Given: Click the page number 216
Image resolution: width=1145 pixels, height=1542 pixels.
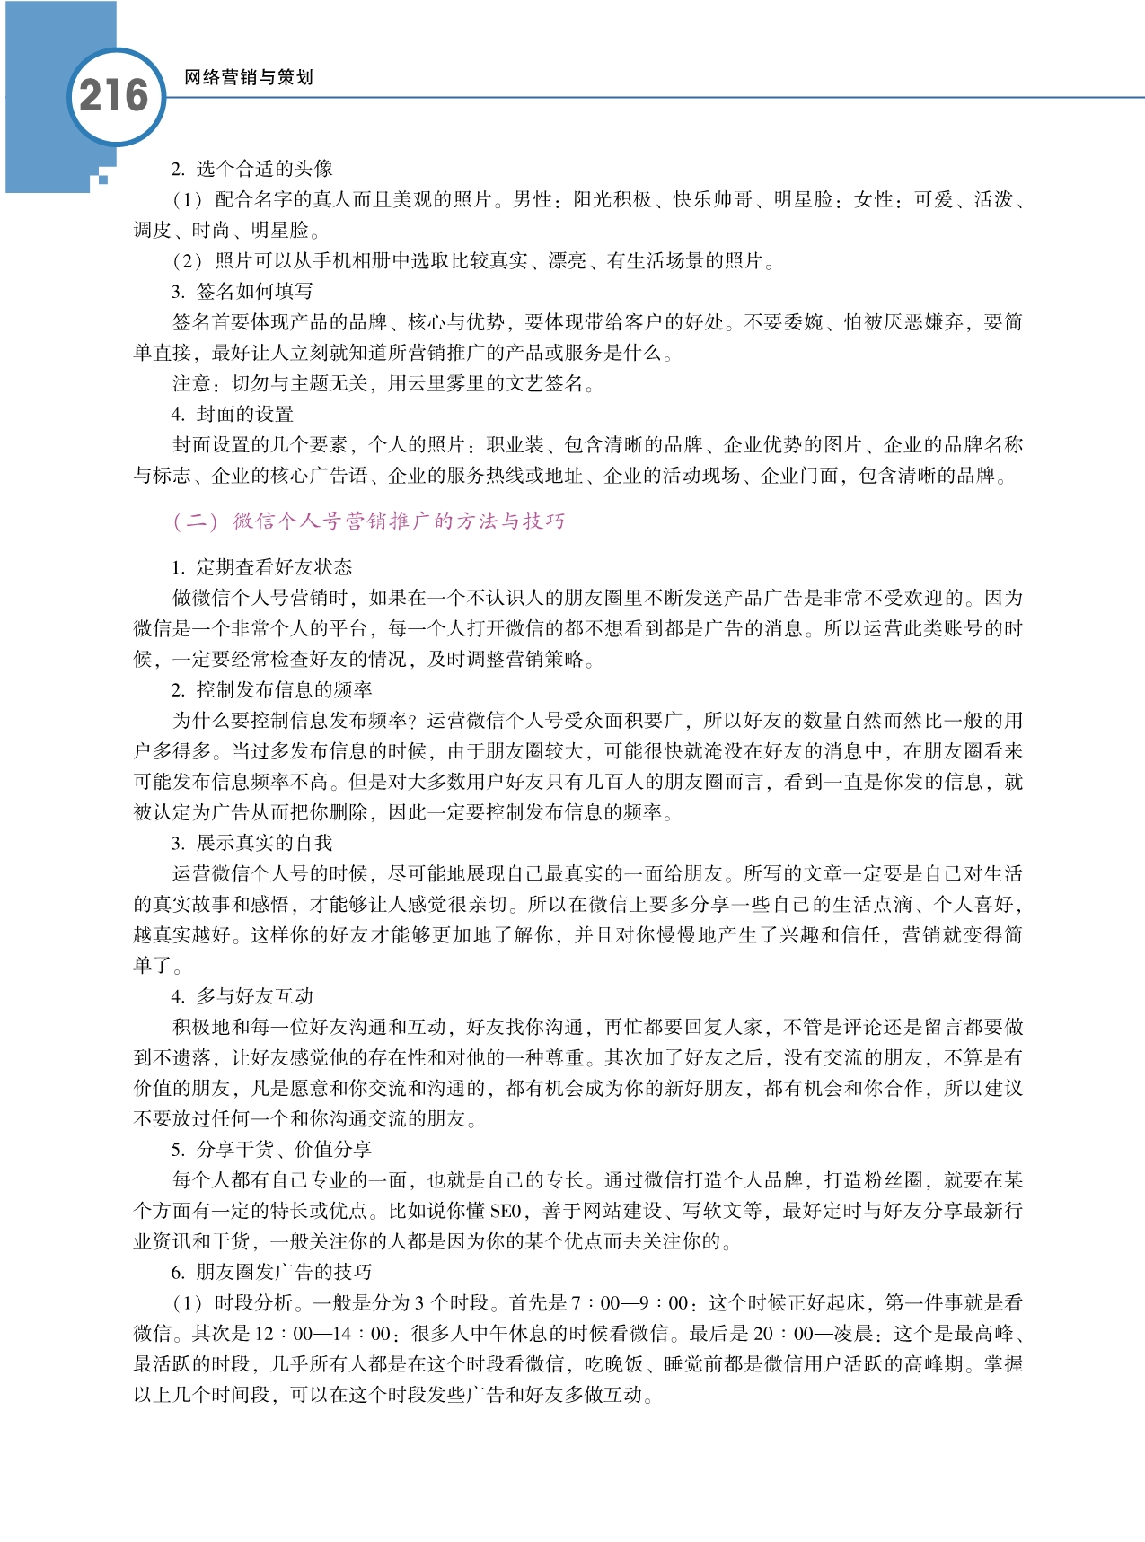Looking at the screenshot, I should (x=114, y=96).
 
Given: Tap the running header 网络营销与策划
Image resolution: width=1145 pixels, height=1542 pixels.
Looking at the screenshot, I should (x=248, y=78).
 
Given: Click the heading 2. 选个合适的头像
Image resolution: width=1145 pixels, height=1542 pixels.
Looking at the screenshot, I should (x=252, y=169).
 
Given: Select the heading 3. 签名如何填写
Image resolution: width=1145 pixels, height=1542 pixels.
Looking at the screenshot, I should (x=242, y=292).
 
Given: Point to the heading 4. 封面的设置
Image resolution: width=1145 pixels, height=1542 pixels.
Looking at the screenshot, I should (x=233, y=415).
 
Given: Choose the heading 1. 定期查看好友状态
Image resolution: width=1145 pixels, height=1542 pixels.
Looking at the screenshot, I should (x=262, y=567).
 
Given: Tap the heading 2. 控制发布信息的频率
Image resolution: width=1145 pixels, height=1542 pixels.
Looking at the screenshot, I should (x=272, y=690).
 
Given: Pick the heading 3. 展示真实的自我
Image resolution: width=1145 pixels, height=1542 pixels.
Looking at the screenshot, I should (x=252, y=843).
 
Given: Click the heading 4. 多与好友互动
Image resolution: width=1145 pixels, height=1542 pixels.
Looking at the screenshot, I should (x=242, y=996).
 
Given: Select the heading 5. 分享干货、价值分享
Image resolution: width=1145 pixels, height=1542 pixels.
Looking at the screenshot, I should (x=272, y=1150).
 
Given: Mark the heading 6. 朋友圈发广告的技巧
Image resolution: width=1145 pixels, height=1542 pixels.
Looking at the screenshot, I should (x=272, y=1273).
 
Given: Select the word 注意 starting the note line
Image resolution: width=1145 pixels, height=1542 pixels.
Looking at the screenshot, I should (x=192, y=384).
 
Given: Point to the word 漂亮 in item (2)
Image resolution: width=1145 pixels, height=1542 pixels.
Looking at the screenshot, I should (x=568, y=261).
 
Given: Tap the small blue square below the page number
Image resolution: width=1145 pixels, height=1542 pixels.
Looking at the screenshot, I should (x=103, y=180).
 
